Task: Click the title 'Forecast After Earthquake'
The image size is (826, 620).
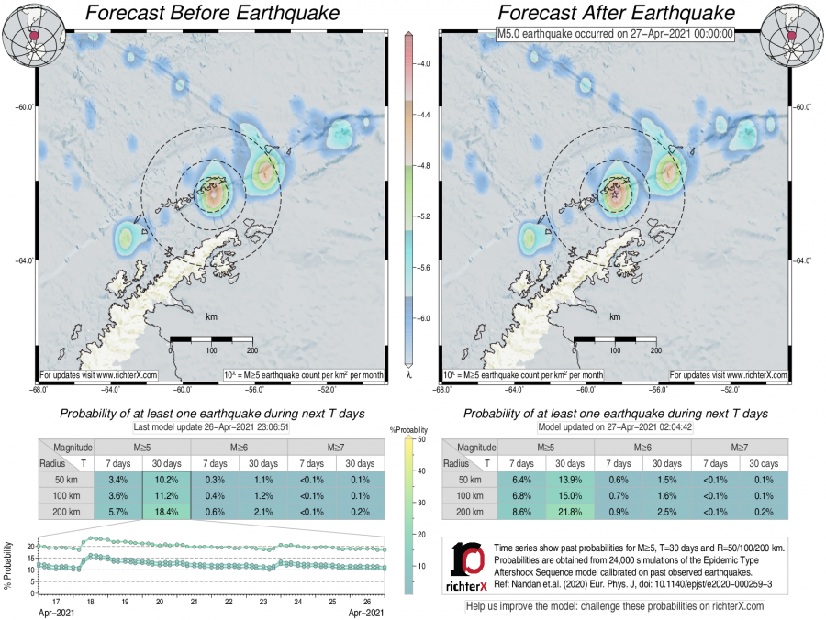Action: [x=616, y=14]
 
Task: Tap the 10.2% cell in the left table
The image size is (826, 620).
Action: [x=166, y=481]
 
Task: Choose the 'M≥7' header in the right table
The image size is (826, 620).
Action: [x=740, y=447]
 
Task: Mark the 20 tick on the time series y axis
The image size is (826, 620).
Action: [x=30, y=547]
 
